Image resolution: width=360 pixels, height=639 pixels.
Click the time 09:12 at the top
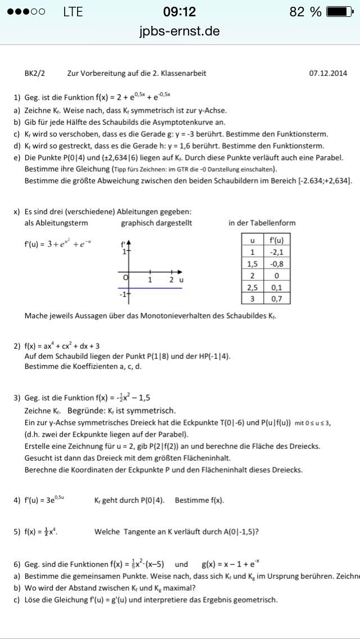pos(179,12)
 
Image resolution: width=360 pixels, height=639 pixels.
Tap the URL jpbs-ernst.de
pos(179,31)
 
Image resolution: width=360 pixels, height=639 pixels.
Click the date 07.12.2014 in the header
pos(328,73)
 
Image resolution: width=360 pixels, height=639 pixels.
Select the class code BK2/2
pos(34,73)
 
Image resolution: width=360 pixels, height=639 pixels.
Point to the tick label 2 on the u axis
pos(170,280)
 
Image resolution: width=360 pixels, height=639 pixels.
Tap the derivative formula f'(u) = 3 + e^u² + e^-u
pos(56,244)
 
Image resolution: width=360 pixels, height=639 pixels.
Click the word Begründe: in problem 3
pos(87,410)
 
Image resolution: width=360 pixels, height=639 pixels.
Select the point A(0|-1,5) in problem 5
pos(234,530)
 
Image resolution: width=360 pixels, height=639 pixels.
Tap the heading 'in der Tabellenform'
pos(262,223)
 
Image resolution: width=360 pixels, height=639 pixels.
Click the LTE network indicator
pos(73,12)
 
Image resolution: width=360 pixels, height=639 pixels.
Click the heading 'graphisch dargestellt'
pos(156,223)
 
